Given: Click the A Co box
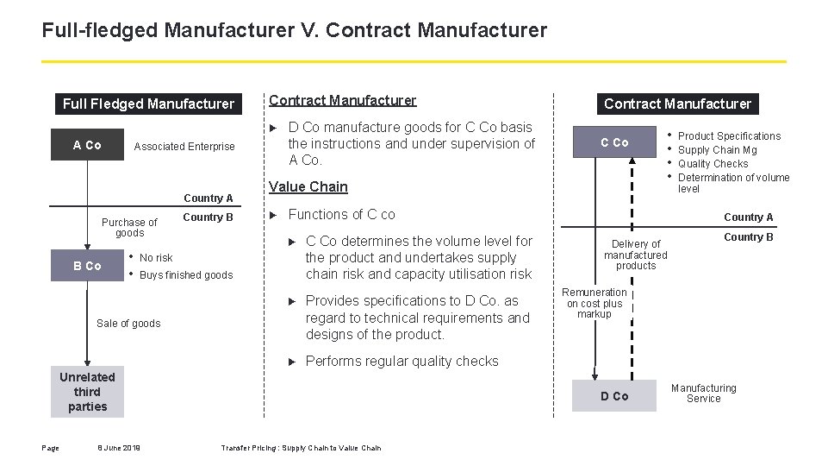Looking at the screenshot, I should (87, 145).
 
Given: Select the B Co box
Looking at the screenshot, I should (87, 266).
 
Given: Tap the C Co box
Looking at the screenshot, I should (614, 142).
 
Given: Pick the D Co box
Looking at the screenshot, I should (614, 396).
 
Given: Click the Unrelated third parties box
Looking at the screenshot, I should (87, 392).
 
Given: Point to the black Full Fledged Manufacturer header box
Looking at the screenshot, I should (148, 104).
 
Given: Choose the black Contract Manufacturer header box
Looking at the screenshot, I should (677, 104).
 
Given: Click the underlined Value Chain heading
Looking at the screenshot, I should (308, 186).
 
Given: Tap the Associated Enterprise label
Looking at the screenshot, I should (184, 147).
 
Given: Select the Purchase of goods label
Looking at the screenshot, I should (130, 228).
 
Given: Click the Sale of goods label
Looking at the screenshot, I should (128, 324).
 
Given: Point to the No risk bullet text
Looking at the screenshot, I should (156, 258).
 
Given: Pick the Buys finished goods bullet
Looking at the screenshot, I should (186, 275).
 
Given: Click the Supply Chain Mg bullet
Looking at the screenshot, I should (718, 150).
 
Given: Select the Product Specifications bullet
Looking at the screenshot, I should (729, 136).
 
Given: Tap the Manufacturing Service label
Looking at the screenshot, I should (704, 394).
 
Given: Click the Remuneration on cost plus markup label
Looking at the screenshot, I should (595, 303).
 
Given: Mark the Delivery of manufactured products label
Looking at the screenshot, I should (636, 255).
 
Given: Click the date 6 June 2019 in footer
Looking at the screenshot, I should (119, 448).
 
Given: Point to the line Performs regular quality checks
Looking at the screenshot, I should (402, 362).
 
